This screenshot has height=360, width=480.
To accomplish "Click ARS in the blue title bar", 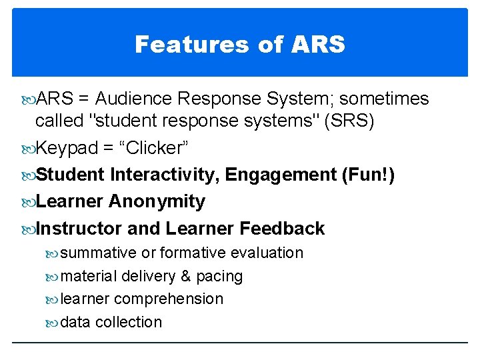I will (319, 45).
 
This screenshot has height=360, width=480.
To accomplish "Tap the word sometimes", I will (386, 99).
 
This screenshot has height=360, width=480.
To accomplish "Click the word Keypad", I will (66, 148).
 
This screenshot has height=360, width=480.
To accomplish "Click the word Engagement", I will (281, 175).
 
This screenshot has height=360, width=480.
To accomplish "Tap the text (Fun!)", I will (368, 175).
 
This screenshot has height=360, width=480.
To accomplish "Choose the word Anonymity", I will (157, 201).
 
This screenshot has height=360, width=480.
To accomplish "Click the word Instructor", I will (79, 229).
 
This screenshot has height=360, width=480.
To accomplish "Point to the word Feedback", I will (282, 229).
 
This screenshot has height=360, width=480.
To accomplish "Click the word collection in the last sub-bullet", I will (129, 322).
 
